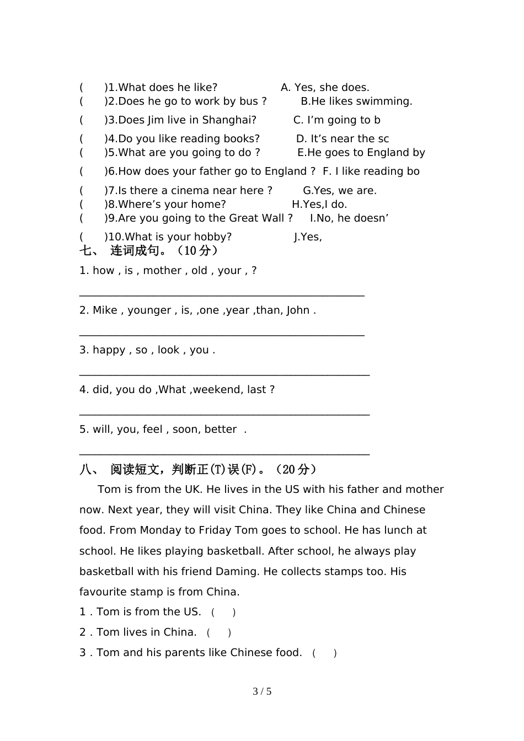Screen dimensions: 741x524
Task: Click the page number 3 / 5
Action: [262, 691]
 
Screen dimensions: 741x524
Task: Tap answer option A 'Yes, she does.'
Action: [325, 88]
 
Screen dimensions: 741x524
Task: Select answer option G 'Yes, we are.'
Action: [340, 191]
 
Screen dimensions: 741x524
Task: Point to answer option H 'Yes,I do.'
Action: [319, 205]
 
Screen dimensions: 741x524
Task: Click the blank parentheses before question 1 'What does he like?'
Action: [92, 88]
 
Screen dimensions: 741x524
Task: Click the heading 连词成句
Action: [138, 251]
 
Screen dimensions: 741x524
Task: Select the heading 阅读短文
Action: [135, 470]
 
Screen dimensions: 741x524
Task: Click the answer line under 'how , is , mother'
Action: [222, 296]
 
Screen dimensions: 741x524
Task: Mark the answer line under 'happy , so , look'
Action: [224, 375]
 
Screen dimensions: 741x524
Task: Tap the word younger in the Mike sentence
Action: [149, 310]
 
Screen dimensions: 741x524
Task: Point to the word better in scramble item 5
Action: [221, 429]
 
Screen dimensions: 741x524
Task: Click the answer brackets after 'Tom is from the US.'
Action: [223, 612]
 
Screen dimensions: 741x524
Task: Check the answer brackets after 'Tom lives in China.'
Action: [219, 632]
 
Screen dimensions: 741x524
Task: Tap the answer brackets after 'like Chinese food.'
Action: [324, 653]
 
